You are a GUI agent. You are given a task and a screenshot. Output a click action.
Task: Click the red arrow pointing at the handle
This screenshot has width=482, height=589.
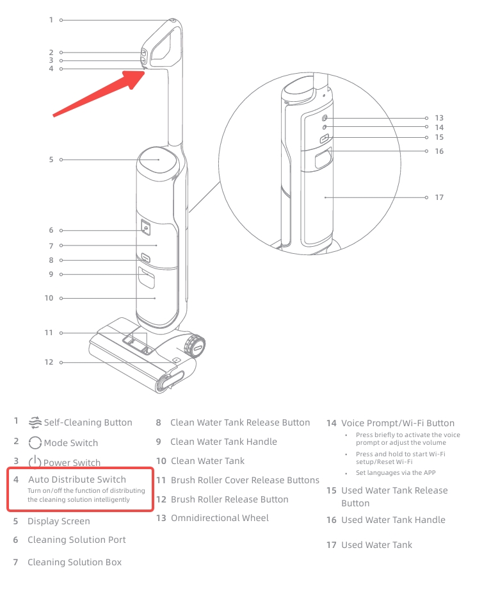click(x=99, y=93)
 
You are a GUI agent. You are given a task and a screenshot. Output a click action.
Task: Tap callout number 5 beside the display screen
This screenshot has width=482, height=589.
click(x=51, y=160)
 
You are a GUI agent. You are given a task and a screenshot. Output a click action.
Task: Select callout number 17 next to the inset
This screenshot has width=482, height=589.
click(x=439, y=197)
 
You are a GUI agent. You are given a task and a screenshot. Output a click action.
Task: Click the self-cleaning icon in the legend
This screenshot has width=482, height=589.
click(x=35, y=422)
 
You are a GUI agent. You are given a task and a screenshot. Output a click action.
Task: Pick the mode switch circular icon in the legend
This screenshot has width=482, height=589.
click(x=35, y=443)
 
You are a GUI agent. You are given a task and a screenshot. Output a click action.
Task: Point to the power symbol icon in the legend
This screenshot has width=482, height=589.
click(x=35, y=462)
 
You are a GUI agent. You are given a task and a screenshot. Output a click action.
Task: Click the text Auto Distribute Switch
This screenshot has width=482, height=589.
click(x=77, y=479)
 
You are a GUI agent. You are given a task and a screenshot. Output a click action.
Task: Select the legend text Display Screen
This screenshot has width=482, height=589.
click(x=59, y=522)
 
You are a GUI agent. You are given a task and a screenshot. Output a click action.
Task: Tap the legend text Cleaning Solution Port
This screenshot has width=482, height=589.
click(x=77, y=540)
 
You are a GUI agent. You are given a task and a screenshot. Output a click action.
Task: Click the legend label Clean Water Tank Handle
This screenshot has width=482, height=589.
click(x=223, y=442)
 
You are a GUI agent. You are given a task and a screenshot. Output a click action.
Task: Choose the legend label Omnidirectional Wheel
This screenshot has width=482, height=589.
click(x=220, y=518)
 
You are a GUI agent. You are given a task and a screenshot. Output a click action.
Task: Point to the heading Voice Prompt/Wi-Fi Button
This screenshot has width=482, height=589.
click(x=398, y=424)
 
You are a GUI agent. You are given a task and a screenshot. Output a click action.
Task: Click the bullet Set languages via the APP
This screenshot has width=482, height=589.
click(x=396, y=473)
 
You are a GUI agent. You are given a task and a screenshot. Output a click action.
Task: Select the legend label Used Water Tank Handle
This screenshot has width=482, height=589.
click(x=393, y=520)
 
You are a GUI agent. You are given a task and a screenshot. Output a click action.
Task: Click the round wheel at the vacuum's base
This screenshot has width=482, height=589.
click(x=195, y=346)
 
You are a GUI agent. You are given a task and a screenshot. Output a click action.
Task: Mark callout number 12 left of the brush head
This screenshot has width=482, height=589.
click(x=49, y=362)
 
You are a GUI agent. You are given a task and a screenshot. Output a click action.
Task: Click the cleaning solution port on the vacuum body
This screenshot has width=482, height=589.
click(x=145, y=228)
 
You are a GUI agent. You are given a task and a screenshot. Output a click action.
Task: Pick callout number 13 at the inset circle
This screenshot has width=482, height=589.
click(x=439, y=118)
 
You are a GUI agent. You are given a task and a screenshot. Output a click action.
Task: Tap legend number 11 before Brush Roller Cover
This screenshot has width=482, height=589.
click(x=161, y=480)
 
